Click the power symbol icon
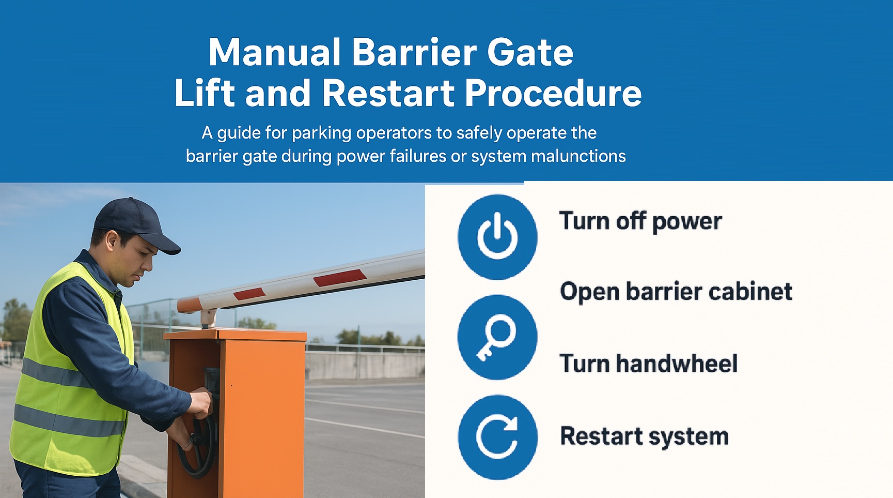click(497, 237)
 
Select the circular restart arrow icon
click(497, 437)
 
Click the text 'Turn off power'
click(640, 221)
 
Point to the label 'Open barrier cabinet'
click(676, 292)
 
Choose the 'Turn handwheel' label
click(649, 363)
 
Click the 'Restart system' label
click(645, 436)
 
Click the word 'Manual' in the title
click(275, 52)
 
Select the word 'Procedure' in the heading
click(553, 94)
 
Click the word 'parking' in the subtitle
click(321, 133)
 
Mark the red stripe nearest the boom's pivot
click(249, 294)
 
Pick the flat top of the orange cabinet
click(236, 335)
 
